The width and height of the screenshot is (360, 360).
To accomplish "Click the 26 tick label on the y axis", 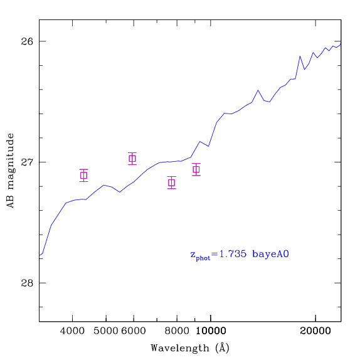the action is point(27,41).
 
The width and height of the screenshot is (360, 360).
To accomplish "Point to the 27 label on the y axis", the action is point(27,162).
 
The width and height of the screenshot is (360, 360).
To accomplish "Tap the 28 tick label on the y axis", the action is point(27,283).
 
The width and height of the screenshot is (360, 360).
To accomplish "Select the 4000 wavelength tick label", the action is point(72,331).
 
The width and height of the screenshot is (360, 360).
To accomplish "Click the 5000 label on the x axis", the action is point(106,331).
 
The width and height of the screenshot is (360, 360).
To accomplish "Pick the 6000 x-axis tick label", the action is point(134,331).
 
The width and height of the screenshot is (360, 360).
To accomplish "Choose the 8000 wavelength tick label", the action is point(177,331).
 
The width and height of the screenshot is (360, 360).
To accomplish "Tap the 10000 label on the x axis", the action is point(211,331).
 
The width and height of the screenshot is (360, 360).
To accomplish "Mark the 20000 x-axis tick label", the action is point(315,331).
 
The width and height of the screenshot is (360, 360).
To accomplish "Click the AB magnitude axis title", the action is point(10,171).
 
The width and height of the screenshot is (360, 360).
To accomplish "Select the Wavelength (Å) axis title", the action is point(190,348).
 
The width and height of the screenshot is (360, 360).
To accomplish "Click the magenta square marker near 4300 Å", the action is point(84,176).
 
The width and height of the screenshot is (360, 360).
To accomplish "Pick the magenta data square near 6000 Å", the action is point(132,159).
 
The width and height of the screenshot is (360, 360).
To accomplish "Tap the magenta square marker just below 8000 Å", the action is point(172,183).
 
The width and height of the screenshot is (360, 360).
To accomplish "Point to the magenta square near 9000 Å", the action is point(196,169).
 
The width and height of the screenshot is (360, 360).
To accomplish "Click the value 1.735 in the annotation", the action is point(233,254).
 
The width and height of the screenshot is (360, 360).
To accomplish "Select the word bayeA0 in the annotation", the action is point(270,255).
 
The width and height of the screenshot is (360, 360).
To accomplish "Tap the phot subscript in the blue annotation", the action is point(203,258).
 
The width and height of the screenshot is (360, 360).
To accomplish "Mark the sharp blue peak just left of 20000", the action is point(300,56).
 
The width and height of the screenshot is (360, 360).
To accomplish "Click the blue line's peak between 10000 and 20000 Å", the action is point(258,90).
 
